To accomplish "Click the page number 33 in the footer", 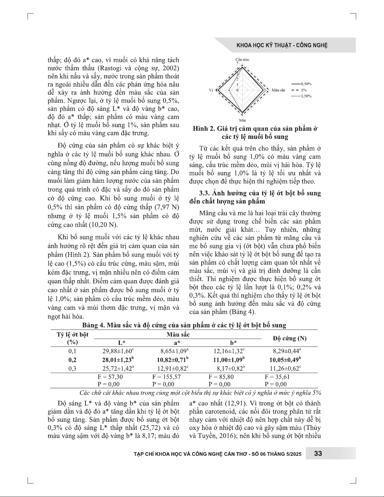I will click(x=318, y=453).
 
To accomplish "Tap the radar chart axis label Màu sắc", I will click(x=278, y=90).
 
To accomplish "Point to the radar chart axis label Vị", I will click(x=211, y=90).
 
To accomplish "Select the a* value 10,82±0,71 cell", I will click(x=172, y=360).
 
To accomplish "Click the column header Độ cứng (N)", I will click(x=289, y=338).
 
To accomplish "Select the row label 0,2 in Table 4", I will click(x=72, y=360).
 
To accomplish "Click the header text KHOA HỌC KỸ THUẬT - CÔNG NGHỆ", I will click(x=282, y=45).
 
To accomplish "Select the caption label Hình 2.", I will click(x=203, y=129).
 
